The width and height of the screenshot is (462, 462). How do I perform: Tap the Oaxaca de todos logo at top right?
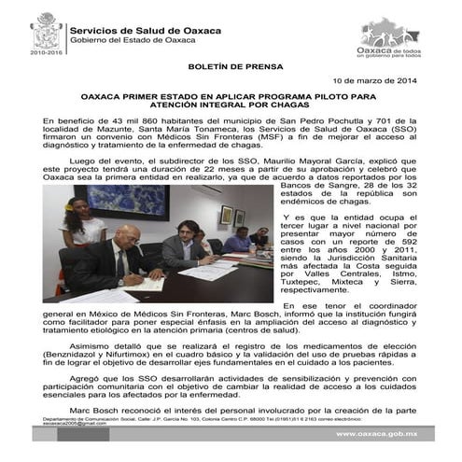pos(390,35)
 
